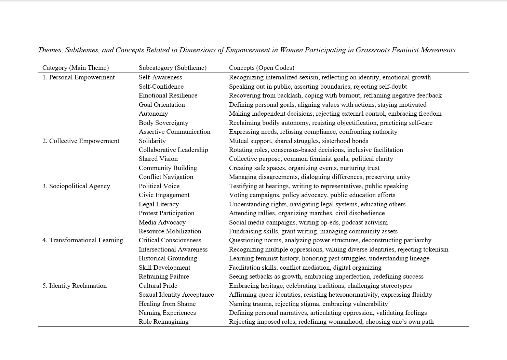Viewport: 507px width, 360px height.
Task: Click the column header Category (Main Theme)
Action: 76,68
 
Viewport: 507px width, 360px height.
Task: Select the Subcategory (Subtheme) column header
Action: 173,68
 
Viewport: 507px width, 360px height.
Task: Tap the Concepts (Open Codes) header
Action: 262,68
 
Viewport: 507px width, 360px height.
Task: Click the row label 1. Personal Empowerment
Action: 79,77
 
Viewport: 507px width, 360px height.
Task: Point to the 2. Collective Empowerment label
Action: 81,141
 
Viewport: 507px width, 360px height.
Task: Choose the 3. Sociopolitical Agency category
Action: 76,186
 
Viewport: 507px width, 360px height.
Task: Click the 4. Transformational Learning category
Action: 83,240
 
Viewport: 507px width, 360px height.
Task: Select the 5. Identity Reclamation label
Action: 75,286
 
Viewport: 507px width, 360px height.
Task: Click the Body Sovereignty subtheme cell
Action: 163,123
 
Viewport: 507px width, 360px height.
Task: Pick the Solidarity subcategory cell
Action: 152,141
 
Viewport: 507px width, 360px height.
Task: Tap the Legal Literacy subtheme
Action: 159,204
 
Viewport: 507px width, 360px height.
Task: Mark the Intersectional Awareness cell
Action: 173,249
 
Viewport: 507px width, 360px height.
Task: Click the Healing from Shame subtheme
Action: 167,304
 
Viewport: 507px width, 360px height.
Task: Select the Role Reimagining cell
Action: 163,322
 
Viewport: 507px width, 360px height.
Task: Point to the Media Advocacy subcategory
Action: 162,222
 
